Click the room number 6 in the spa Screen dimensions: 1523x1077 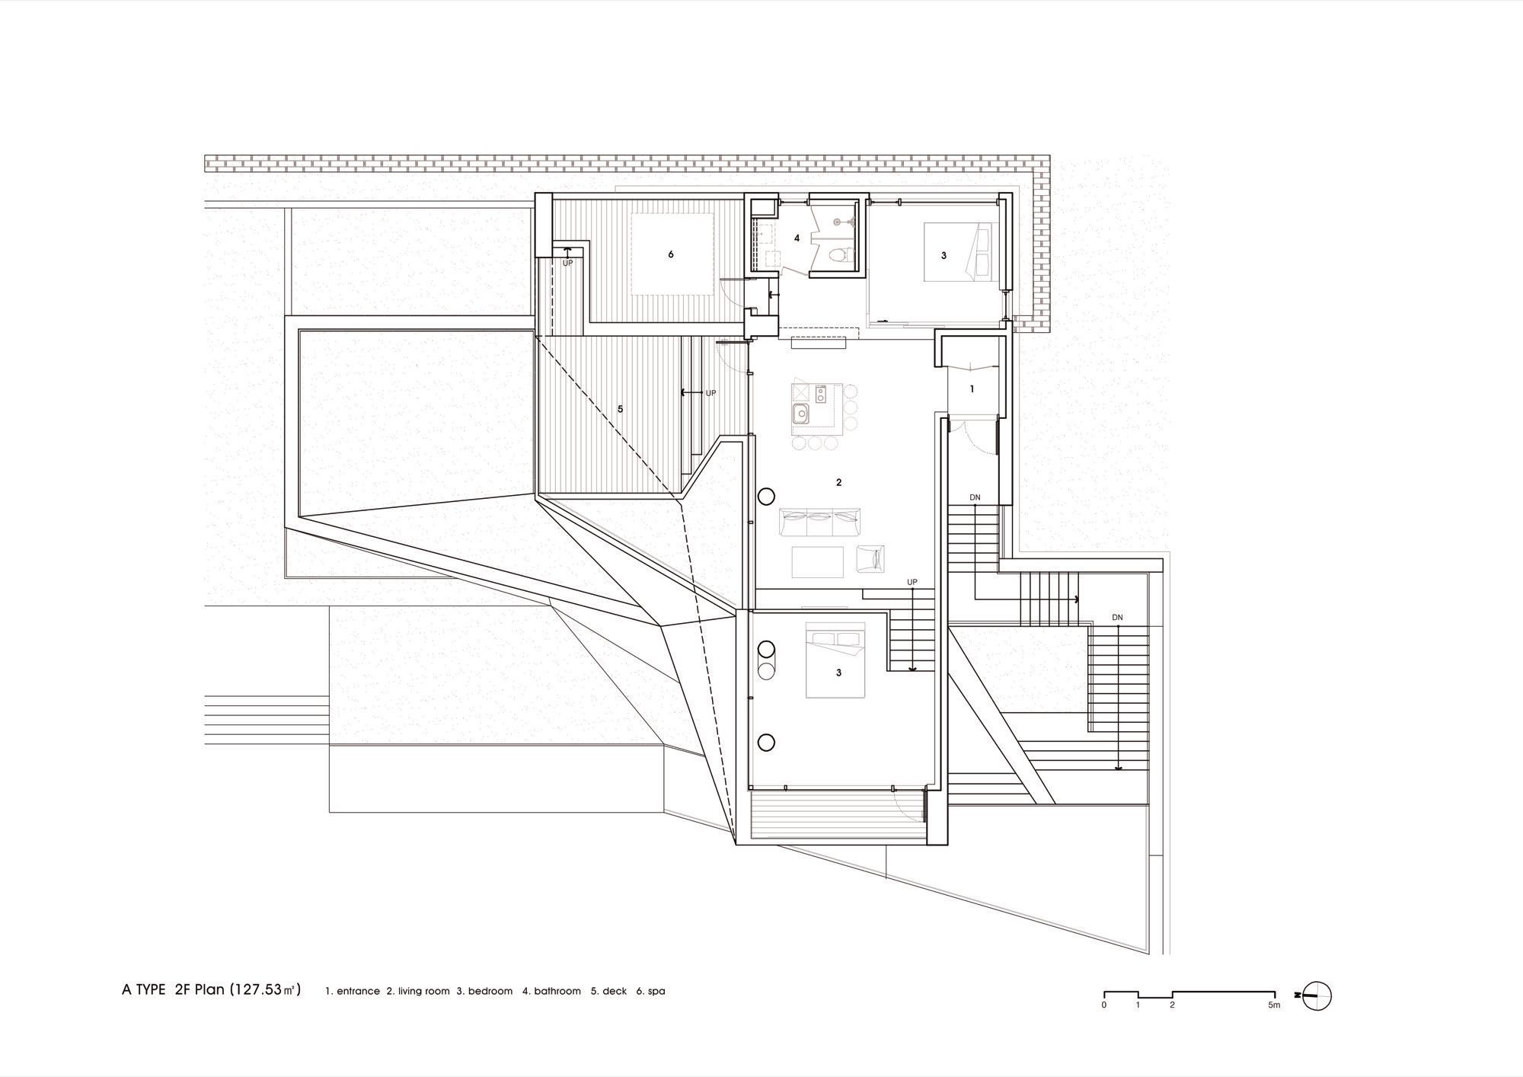[671, 254]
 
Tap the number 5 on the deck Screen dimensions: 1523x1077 [621, 409]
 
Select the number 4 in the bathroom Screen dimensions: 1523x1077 [797, 238]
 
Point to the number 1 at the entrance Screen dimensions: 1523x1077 [972, 389]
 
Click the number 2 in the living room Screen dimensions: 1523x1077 [839, 482]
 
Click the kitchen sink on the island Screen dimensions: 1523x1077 [800, 414]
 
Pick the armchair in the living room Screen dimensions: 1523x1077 [871, 558]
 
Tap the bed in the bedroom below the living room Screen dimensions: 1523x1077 [836, 660]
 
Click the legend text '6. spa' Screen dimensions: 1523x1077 [651, 991]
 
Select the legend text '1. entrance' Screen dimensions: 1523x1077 [353, 991]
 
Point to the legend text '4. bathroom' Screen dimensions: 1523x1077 [551, 991]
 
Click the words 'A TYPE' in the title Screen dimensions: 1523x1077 [144, 990]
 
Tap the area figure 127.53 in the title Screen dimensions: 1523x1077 [259, 990]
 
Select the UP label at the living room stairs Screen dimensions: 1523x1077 [912, 583]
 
